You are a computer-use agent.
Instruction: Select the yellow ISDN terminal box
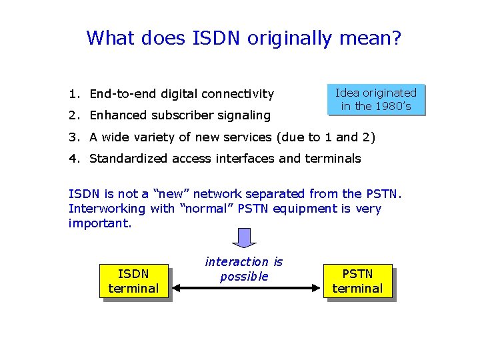pos(133,281)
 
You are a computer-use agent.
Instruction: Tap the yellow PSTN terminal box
pos(357,281)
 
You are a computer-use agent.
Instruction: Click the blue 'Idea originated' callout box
pos(375,99)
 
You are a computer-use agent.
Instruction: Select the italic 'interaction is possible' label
pos(244,269)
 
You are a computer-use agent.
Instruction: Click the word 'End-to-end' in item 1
pos(119,94)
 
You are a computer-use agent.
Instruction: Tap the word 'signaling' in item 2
pos(244,115)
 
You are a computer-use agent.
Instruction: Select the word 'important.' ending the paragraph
pos(100,223)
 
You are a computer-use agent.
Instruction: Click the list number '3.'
pos(73,137)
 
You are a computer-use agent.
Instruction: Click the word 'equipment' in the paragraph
pos(320,209)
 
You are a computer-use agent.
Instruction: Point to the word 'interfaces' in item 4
pos(250,159)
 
